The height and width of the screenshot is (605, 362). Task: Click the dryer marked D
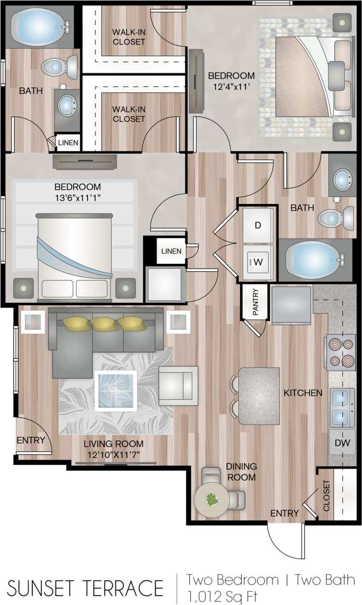pos(257,225)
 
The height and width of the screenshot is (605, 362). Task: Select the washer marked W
pos(257,261)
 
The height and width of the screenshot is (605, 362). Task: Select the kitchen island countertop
pos(259,396)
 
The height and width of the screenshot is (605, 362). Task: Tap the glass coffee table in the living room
pos(116,391)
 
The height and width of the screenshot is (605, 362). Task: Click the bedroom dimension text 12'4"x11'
pos(231,81)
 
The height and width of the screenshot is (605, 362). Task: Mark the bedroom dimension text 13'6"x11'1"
pos(77,192)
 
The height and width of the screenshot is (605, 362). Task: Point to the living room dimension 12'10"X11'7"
pos(114,449)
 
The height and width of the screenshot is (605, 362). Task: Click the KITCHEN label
pos(302,392)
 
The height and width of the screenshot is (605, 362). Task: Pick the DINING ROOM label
pos(241,471)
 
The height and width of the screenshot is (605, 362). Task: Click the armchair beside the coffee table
pos(178,385)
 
